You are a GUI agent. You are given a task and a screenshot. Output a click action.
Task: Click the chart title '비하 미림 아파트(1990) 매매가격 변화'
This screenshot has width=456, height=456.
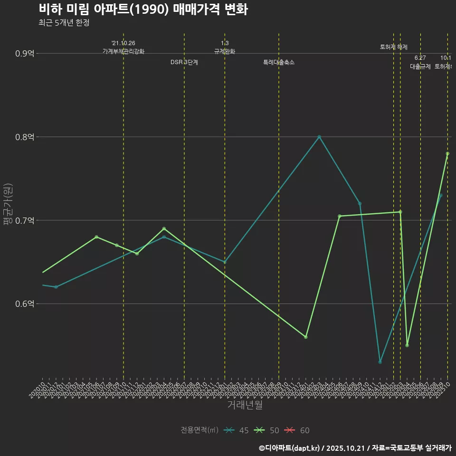(142, 9)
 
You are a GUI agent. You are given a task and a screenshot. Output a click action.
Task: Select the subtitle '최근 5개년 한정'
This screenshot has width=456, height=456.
(64, 23)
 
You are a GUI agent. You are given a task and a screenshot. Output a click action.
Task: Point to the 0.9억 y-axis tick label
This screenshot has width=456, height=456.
(25, 53)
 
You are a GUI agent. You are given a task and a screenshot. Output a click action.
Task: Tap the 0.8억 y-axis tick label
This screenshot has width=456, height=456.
(25, 137)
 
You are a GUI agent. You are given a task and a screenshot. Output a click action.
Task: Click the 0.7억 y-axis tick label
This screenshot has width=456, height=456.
(25, 220)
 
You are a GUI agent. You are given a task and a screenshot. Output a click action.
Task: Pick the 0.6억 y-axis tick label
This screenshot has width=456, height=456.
(25, 304)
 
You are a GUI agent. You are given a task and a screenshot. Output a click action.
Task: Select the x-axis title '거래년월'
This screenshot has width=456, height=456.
(245, 405)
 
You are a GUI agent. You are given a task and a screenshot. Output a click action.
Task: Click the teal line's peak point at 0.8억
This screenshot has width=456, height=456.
(319, 137)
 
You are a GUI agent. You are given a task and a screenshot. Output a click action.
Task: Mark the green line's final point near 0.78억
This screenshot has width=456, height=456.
(447, 153)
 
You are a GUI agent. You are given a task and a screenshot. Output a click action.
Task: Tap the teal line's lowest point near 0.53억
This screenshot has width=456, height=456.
(380, 362)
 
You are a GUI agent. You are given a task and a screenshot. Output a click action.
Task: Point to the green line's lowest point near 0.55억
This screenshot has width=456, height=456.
(407, 345)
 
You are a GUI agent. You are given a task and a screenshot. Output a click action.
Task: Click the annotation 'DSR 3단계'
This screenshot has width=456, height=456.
(184, 62)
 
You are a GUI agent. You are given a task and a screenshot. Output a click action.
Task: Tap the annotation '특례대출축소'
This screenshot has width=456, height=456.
(279, 62)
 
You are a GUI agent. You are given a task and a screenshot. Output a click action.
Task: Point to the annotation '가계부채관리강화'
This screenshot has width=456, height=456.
(123, 51)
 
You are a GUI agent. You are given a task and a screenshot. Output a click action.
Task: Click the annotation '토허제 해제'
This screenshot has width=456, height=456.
(394, 47)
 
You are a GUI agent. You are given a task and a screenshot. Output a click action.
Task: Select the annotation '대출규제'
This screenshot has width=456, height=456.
(420, 66)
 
